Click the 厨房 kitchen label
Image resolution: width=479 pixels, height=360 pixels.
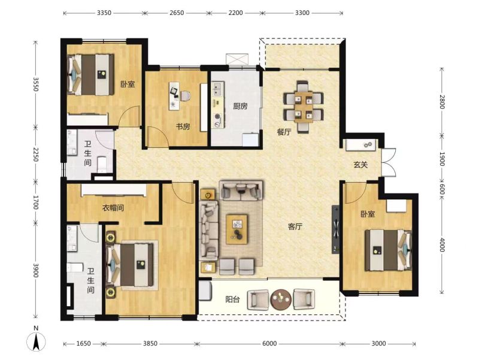coord(240,106)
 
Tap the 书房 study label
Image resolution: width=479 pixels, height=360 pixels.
coord(183,126)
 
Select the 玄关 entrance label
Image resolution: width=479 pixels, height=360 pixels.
coord(360,165)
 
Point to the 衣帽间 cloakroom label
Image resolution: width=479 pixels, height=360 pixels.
coord(113,208)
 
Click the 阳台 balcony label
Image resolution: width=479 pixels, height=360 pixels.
coord(232,299)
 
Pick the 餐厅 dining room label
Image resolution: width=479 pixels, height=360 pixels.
coord(284,132)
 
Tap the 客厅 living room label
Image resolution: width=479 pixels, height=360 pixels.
coord(295,226)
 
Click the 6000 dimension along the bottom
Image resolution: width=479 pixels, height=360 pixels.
coord(269,343)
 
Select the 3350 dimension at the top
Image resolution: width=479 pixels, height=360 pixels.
coord(104,13)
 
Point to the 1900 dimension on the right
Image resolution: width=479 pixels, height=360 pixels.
coord(442,159)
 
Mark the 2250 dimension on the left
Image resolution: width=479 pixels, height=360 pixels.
coord(36,155)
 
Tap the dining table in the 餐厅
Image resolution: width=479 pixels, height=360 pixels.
coord(303,107)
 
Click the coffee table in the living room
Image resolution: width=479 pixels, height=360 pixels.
coord(237,229)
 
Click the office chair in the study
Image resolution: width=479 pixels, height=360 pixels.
coord(185,96)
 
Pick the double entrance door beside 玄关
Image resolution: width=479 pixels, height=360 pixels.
coord(389,162)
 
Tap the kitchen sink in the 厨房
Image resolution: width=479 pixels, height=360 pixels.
coord(217,89)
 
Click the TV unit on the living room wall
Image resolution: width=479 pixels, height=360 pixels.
coord(336,229)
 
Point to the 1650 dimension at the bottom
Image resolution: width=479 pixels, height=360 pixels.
coord(83,343)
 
